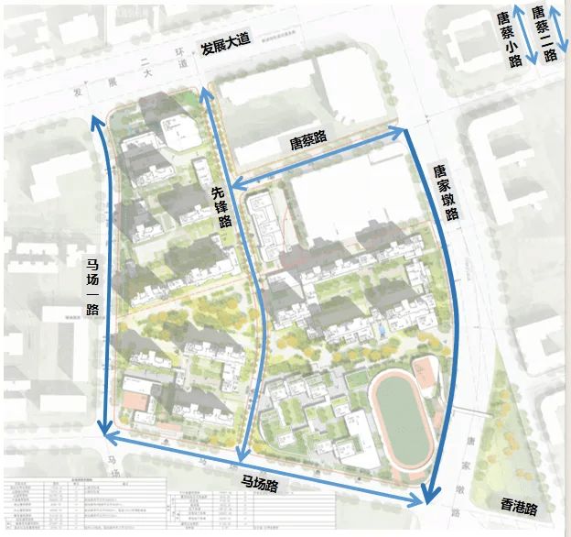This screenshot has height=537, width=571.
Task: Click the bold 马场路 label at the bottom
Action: click(x=260, y=482)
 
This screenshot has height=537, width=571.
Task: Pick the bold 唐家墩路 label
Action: click(x=445, y=192)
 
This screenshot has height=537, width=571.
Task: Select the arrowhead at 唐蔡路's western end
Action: click(x=232, y=186)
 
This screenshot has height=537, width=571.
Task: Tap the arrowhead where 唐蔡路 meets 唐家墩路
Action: click(x=399, y=130)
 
